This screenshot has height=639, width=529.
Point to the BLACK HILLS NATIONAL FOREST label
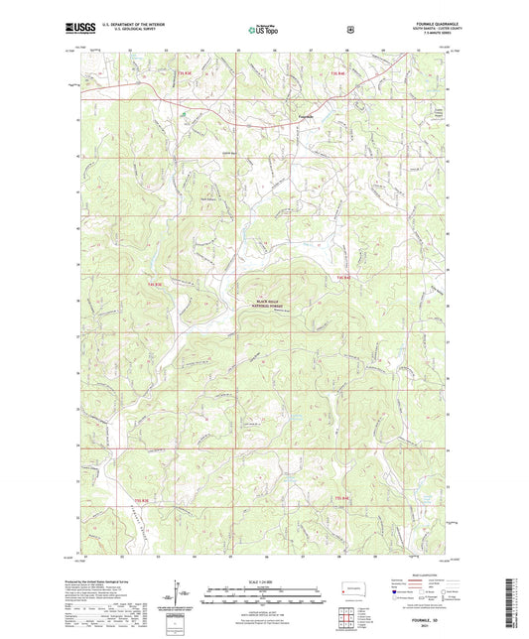pyautogui.click(x=255, y=303)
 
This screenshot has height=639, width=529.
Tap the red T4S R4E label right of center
pyautogui.click(x=343, y=277)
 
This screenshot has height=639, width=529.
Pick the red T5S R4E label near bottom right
pyautogui.click(x=340, y=497)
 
